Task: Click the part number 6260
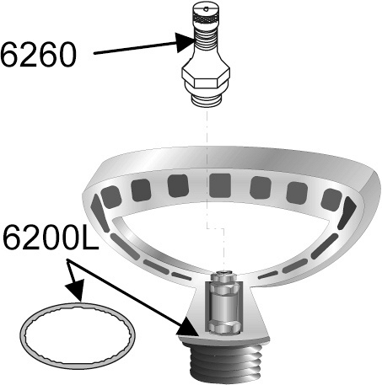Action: coord(39,55)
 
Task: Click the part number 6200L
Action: coord(51,237)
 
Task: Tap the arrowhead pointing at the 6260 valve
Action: coord(185,42)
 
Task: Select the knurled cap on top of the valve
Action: coord(206,14)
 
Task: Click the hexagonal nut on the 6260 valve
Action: coord(206,75)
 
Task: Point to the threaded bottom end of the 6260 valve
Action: coord(207,100)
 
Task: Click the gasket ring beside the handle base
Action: coord(78,336)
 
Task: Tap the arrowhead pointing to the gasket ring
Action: coord(75,291)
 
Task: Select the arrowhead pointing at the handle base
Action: coord(187,327)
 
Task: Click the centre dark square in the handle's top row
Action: coord(220,185)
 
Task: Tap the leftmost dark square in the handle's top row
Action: coord(111,196)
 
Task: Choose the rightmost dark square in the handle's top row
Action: coord(331,200)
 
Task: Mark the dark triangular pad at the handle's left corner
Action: coord(99,213)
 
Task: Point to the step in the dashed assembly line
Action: coord(216,228)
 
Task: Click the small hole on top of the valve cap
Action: coord(206,8)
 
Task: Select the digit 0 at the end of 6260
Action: coord(67,55)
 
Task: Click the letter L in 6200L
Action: coord(90,238)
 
